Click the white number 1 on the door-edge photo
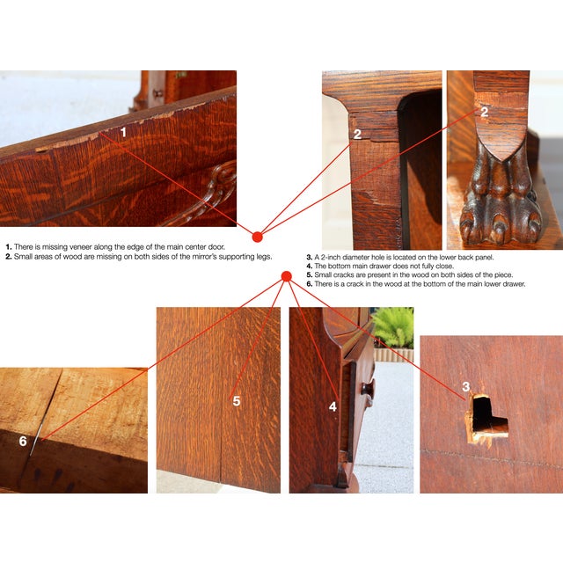click(x=123, y=132)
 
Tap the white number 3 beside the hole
click(x=465, y=386)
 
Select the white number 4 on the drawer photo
click(x=333, y=406)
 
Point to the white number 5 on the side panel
click(x=237, y=401)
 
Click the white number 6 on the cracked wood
click(x=23, y=441)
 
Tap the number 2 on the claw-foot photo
click(x=485, y=112)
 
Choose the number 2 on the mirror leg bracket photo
click(x=357, y=135)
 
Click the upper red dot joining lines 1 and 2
click(x=257, y=237)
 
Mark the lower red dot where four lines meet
click(x=287, y=276)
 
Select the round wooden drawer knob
click(x=368, y=389)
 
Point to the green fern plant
click(x=393, y=328)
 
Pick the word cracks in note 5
click(x=344, y=275)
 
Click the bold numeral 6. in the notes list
click(x=310, y=284)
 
